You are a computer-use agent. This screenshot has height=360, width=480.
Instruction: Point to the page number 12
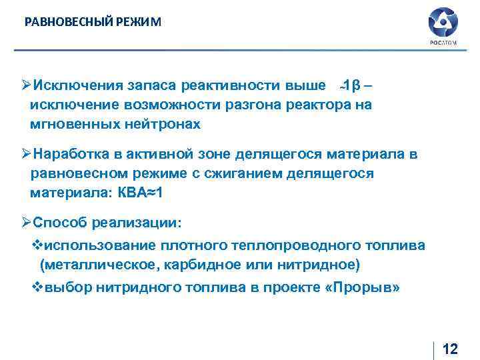click(x=450, y=349)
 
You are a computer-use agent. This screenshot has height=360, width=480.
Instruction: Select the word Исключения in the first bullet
click(x=74, y=86)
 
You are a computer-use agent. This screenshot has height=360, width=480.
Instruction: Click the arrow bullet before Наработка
click(x=26, y=155)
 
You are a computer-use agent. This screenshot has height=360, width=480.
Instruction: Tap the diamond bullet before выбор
click(x=38, y=288)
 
